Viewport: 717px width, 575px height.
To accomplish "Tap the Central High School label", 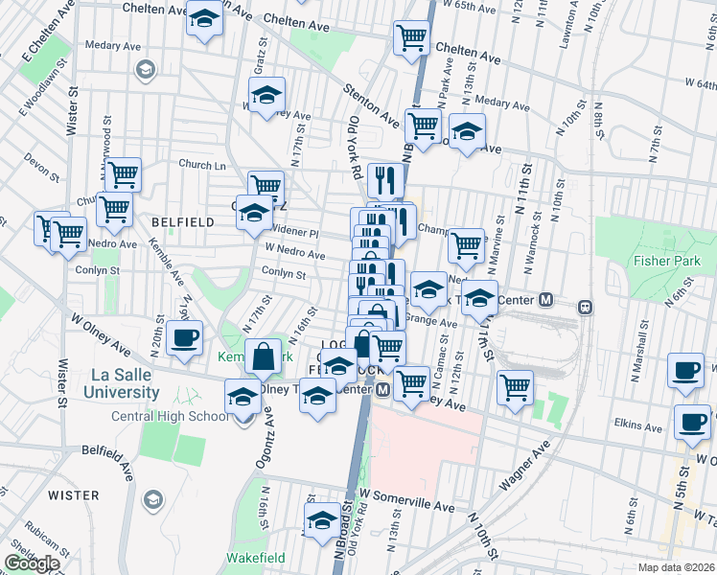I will tap(171, 416).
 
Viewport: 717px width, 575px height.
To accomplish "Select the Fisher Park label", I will tap(666, 261).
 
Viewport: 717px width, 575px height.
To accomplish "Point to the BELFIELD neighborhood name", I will tap(182, 221).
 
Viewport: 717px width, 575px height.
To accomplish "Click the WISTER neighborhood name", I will tap(73, 495).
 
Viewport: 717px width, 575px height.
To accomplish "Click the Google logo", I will tap(32, 563).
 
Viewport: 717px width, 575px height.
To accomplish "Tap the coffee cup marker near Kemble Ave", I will tap(184, 337).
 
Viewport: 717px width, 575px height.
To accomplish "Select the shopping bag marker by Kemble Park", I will tap(263, 356).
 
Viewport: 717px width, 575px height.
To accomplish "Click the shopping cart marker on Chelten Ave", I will tap(411, 38).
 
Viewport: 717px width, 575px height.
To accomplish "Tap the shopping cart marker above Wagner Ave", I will tap(516, 387).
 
